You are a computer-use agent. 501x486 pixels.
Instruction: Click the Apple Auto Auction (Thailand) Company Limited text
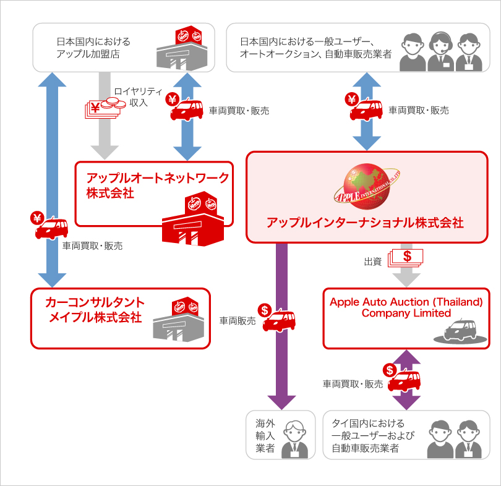[x=405, y=307]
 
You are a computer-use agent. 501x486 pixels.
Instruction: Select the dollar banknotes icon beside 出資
[x=405, y=258]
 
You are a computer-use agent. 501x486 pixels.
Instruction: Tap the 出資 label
[x=372, y=262]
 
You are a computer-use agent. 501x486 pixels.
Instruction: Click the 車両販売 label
[x=238, y=321]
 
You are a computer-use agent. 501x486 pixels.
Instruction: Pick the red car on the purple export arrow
[x=280, y=319]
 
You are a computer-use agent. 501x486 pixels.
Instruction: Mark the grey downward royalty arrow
[x=105, y=117]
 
